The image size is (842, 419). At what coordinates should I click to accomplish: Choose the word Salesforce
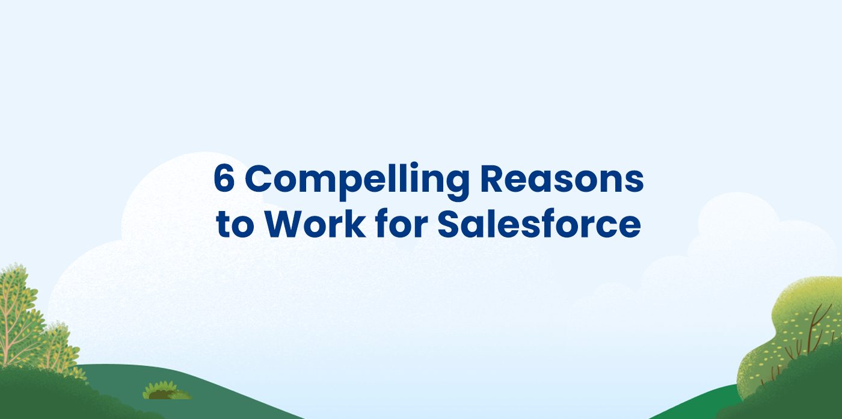click(x=539, y=224)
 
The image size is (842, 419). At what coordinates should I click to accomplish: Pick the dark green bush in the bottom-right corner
click(x=800, y=391)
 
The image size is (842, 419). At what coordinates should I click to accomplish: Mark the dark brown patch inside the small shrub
click(x=160, y=395)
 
